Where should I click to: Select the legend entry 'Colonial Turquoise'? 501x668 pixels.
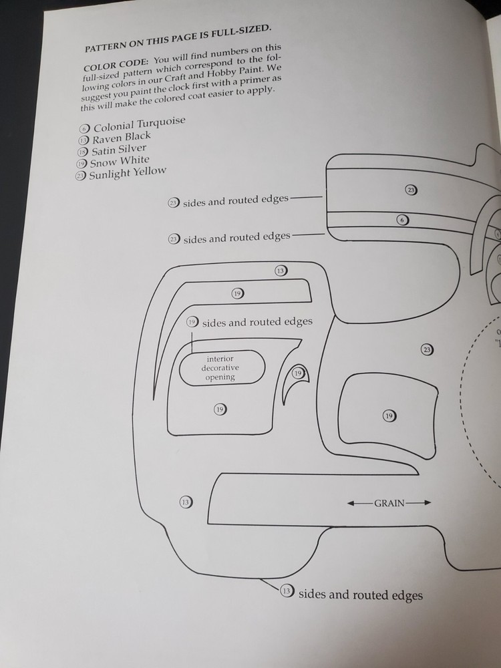click(x=139, y=124)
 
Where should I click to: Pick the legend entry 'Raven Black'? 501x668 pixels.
click(x=122, y=137)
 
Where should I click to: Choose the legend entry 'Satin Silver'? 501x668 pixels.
click(x=118, y=150)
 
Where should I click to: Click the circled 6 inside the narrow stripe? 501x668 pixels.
click(x=403, y=220)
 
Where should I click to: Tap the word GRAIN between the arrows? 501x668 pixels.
click(x=389, y=503)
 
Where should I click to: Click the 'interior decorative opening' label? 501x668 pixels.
click(x=220, y=368)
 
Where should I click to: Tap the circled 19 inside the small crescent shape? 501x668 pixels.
click(x=299, y=373)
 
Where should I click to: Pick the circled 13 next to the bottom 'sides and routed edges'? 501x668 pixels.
click(x=287, y=591)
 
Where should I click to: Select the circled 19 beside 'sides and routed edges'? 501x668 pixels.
click(x=192, y=322)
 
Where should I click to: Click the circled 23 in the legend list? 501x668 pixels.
click(x=80, y=176)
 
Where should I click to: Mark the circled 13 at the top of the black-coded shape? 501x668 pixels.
click(x=281, y=271)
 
